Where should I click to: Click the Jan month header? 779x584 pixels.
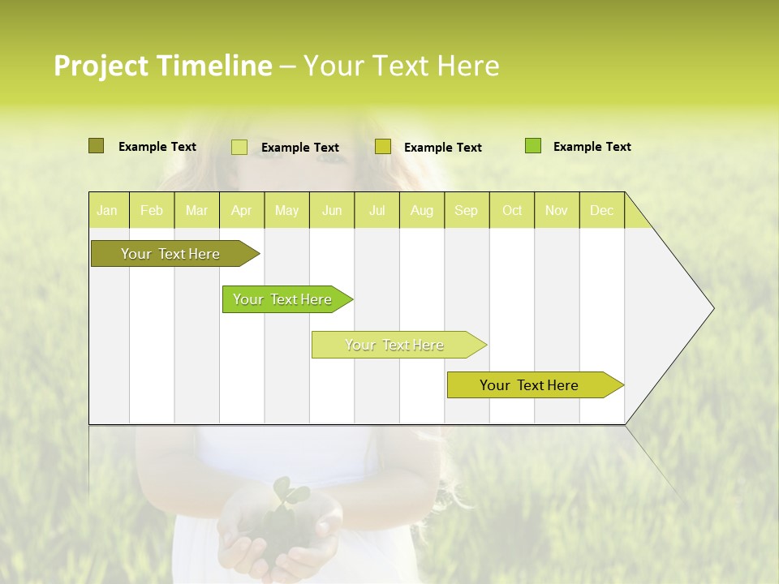pos(108,210)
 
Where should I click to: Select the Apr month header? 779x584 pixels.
pos(242,210)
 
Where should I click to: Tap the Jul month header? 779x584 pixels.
pos(377,210)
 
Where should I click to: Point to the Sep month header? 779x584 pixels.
pos(467,210)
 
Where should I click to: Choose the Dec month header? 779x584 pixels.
pos(602,210)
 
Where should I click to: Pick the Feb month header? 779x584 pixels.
pos(152,210)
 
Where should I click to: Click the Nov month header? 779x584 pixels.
pos(557,210)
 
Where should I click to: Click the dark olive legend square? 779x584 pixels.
pos(96,146)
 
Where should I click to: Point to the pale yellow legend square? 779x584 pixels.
pos(239,147)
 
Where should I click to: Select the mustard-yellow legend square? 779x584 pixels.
pos(383,147)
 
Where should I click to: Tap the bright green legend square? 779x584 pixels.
pos(533,146)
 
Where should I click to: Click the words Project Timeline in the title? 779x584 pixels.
pos(162,66)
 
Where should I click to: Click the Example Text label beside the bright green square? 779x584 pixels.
pos(592,146)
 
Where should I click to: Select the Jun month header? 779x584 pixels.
pos(332,210)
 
